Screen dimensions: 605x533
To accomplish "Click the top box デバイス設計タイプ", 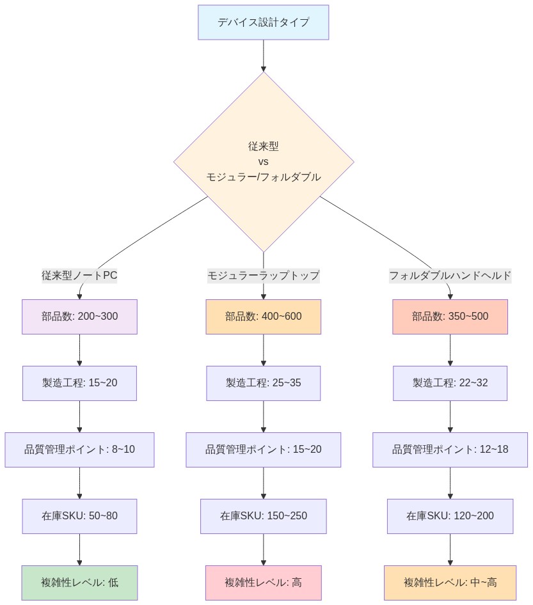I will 263,22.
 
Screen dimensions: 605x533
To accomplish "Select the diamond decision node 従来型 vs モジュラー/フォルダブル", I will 263,161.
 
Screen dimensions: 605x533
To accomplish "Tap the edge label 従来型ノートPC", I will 79,276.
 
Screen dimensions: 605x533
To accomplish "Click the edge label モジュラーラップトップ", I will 263,276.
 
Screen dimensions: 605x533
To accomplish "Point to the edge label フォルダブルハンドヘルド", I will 450,276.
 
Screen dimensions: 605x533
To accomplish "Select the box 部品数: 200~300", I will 79,317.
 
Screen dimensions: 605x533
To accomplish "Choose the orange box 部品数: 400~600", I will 263,317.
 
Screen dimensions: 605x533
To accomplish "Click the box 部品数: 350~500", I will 450,317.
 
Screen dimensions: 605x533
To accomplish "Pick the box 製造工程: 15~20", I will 79,383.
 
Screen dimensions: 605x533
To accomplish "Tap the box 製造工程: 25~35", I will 263,383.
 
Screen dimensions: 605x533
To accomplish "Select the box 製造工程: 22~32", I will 450,383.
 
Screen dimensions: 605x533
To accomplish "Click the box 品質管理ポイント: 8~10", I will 79,450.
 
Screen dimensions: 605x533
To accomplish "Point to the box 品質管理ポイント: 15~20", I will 263,450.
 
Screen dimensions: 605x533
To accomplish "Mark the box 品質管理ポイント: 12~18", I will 450,450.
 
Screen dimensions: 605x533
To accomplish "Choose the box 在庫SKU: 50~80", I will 79,516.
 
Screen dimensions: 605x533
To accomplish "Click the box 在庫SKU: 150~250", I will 263,516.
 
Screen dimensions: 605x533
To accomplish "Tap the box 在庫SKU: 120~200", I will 450,516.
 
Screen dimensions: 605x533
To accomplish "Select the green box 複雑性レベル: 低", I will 79,583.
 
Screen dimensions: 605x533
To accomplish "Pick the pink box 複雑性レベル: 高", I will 263,583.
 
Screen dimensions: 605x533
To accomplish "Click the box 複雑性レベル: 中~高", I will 450,583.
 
